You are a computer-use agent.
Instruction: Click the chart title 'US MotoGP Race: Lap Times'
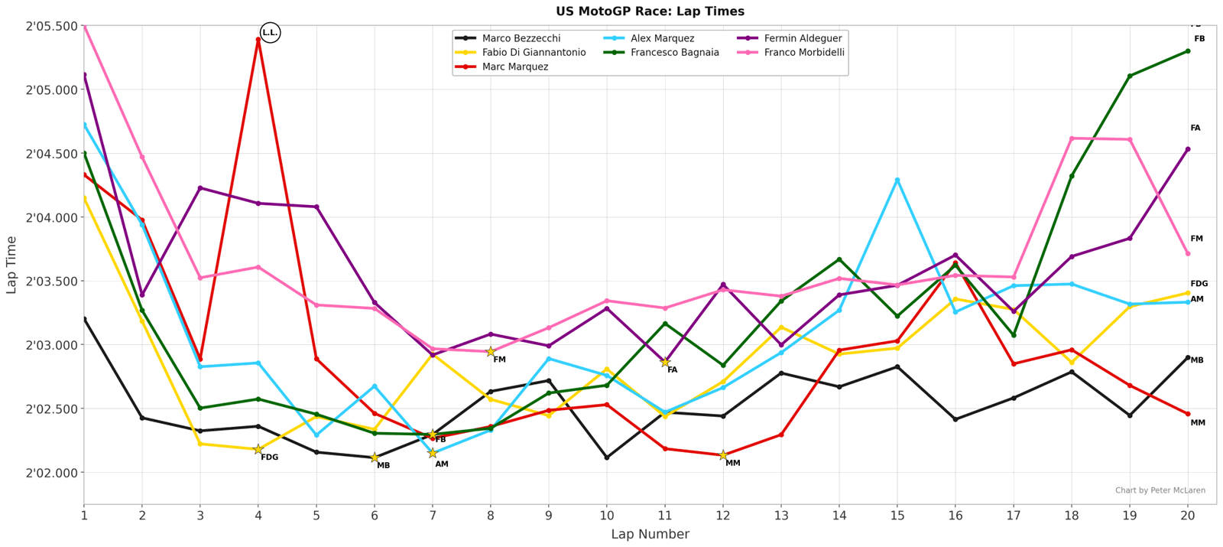[x=650, y=11]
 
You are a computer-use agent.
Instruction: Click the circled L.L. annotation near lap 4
[x=270, y=33]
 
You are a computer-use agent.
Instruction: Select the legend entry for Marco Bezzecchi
[x=521, y=38]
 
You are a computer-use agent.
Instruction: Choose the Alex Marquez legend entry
[x=662, y=38]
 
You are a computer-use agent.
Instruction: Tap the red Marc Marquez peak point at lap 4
[x=258, y=39]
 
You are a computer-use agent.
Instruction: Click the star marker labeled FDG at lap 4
[x=258, y=450]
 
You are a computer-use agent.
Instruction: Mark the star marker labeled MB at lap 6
[x=375, y=457]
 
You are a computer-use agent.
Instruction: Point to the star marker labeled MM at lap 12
[x=723, y=455]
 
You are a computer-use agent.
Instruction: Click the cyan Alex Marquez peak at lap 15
[x=897, y=181]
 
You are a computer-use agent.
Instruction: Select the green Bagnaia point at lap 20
[x=1188, y=51]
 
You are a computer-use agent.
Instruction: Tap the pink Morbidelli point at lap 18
[x=1072, y=138]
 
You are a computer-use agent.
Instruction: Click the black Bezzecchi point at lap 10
[x=607, y=457]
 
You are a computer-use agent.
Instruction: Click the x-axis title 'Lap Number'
[x=650, y=534]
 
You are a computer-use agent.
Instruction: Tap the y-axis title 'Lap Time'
[x=11, y=265]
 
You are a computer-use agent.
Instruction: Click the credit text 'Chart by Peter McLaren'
[x=1160, y=490]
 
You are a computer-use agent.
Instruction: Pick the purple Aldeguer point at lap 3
[x=200, y=188]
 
